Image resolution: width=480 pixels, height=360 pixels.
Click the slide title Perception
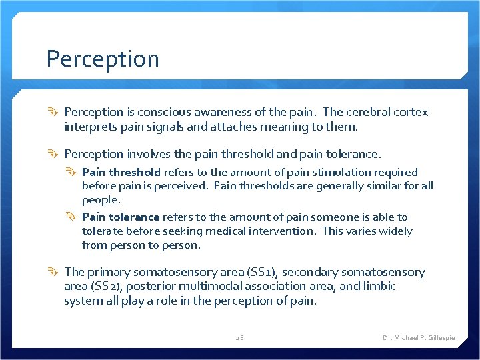tap(103, 59)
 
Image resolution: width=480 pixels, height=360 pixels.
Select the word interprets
tap(91, 127)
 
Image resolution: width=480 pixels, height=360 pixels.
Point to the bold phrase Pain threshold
tap(121, 172)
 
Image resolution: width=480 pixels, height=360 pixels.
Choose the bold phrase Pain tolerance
tap(121, 217)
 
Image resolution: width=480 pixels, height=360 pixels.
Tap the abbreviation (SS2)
tap(103, 286)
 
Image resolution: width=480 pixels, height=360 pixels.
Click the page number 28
tap(240, 338)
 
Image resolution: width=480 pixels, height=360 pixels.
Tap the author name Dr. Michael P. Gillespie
tap(419, 338)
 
